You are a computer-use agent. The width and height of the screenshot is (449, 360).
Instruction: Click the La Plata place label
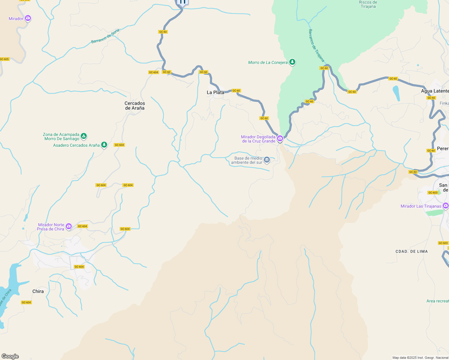(215, 92)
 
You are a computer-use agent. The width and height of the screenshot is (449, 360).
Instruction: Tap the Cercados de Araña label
(135, 106)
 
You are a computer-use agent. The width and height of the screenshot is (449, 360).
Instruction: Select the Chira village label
(38, 291)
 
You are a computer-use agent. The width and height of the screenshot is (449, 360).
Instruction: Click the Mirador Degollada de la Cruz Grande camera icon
(280, 138)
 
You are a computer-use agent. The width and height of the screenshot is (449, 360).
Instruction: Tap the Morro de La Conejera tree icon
(292, 62)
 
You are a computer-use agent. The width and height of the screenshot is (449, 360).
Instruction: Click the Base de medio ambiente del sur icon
(267, 160)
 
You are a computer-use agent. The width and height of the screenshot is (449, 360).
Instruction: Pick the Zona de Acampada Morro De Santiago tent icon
(84, 136)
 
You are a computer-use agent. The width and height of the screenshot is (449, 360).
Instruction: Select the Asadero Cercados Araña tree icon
(104, 145)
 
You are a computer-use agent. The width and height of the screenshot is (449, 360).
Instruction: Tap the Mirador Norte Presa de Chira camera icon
(69, 226)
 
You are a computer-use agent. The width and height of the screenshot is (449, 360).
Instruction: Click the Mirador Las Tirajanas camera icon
(445, 205)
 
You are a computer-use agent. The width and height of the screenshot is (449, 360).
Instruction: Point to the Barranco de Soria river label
(105, 36)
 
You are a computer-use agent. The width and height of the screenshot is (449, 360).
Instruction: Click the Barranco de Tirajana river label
(316, 46)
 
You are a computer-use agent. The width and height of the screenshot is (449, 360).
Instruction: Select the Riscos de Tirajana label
(368, 4)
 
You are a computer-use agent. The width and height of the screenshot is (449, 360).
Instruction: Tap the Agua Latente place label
(435, 91)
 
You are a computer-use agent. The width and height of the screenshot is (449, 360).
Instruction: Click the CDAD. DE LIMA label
(411, 251)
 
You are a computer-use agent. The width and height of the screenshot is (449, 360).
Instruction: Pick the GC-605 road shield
(4, 59)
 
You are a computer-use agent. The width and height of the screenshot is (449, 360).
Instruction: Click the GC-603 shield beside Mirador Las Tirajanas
(433, 193)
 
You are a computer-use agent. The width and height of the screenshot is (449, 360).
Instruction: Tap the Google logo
(10, 356)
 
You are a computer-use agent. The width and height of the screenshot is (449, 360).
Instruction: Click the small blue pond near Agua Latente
(396, 93)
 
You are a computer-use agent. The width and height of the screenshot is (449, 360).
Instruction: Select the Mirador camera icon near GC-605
(28, 18)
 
